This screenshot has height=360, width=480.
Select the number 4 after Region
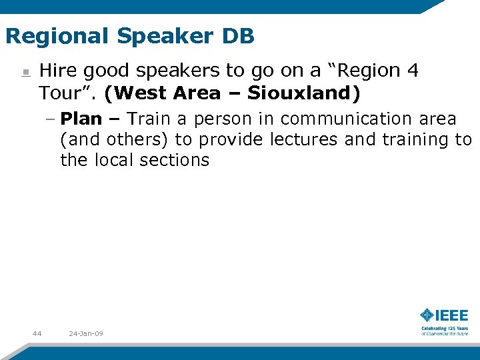tap(413, 71)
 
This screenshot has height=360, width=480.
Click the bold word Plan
tap(81, 119)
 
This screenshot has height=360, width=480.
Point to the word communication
tap(338, 119)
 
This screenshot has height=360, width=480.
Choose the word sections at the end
tap(175, 160)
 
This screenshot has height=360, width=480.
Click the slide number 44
tap(37, 333)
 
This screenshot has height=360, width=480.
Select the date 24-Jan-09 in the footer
tap(86, 333)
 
